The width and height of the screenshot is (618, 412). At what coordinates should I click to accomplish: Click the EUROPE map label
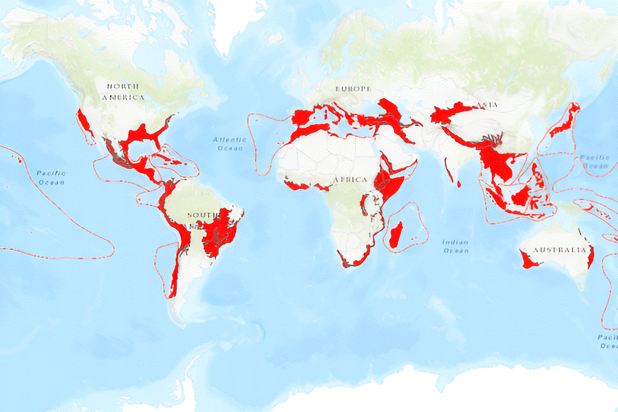coord(353,89)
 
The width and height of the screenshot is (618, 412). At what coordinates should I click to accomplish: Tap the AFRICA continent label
coord(351,180)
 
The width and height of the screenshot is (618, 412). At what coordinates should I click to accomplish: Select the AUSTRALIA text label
coord(559,250)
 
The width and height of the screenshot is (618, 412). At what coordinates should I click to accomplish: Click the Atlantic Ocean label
coord(229,144)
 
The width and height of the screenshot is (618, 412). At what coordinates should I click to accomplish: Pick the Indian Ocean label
coord(456,246)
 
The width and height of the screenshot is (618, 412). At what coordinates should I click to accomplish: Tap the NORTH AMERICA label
coord(123,91)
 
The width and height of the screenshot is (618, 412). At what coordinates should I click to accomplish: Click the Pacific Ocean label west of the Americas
coord(51,178)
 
